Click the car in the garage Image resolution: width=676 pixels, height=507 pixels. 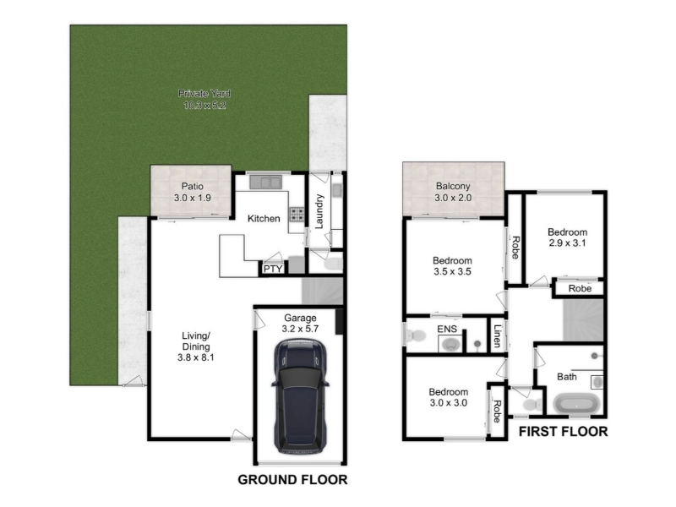[x=300, y=396]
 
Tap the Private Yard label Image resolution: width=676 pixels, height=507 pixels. [x=204, y=99]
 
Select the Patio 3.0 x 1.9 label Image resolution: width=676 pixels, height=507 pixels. [x=193, y=193]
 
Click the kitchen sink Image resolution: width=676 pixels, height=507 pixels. [x=266, y=182]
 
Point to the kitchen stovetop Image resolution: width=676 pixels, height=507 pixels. [x=297, y=215]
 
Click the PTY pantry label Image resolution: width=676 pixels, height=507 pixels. [x=273, y=269]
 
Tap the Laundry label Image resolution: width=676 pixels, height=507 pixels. [x=319, y=211]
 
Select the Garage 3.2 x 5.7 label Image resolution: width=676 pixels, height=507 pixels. [x=300, y=324]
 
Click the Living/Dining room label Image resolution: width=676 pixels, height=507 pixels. [x=196, y=346]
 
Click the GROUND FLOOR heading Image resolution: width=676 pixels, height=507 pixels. [x=292, y=480]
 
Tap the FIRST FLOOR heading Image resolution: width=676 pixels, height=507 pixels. [x=563, y=432]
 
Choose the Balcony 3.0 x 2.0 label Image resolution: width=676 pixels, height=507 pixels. [x=453, y=192]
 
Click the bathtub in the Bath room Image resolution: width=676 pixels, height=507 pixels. [x=576, y=405]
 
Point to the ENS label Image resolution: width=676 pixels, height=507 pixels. [x=447, y=330]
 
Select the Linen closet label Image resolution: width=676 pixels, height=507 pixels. [x=497, y=335]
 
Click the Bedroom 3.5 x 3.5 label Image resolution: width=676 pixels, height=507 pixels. [x=452, y=266]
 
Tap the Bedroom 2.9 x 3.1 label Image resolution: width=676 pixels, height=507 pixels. [x=567, y=237]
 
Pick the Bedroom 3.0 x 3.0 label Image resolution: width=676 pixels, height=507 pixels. [x=449, y=397]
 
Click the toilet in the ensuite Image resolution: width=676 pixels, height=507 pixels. [x=415, y=335]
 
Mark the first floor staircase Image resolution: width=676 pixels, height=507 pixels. [x=583, y=320]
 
